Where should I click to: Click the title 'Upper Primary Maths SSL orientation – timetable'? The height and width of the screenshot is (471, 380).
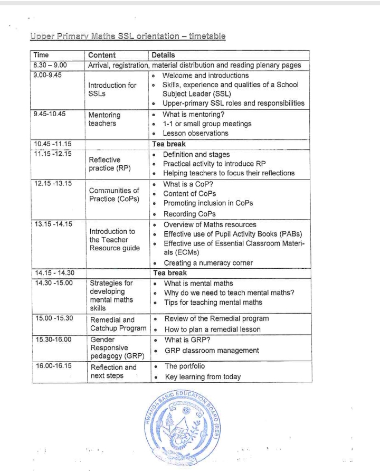tap(128, 36)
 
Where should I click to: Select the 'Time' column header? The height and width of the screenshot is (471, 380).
tap(41, 55)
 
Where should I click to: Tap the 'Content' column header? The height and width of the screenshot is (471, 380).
tap(102, 55)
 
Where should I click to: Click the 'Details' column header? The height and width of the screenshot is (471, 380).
tap(163, 55)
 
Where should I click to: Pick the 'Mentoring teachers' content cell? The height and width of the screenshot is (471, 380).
tap(104, 119)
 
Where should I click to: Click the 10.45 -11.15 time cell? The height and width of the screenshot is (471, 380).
tap(53, 144)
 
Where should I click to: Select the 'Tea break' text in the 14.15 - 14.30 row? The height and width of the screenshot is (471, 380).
tap(169, 273)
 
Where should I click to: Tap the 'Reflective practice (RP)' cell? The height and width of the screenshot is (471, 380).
tap(104, 164)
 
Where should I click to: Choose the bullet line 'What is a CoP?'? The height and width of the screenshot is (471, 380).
tap(187, 184)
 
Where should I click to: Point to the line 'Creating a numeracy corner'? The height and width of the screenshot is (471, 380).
tap(208, 263)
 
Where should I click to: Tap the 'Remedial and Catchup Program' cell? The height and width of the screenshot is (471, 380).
tap(118, 324)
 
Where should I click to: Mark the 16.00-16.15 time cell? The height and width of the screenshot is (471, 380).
tap(53, 366)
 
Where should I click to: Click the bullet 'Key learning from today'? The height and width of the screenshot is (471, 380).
tap(202, 377)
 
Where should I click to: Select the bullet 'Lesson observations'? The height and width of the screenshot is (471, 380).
tap(195, 134)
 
